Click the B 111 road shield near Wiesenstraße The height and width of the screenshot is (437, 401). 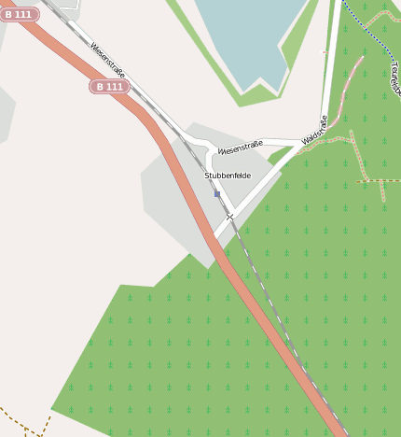[x=109, y=86]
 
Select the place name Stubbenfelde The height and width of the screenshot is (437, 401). [x=228, y=176]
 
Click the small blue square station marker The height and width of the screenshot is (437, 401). [x=217, y=194]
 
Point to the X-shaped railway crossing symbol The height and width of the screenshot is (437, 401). [x=229, y=216]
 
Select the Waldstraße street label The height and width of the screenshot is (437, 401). [x=315, y=130]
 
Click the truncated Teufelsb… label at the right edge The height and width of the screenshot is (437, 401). [x=394, y=79]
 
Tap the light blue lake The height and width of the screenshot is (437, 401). [x=247, y=37]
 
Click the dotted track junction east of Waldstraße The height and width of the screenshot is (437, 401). [x=356, y=140]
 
